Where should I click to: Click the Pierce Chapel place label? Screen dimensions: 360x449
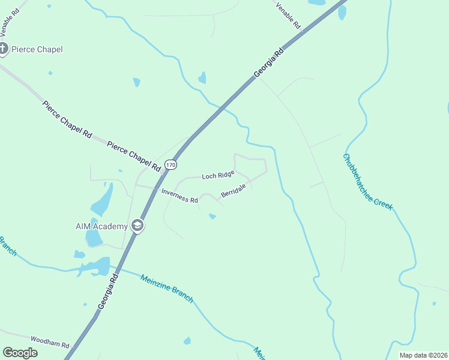point(37,49)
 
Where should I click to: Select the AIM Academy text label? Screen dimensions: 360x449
point(101,226)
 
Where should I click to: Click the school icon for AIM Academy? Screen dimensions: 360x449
point(137,226)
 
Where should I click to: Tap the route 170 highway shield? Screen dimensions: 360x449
point(171,164)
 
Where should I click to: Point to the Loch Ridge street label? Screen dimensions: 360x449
point(218,175)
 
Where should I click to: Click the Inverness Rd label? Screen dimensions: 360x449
point(179,196)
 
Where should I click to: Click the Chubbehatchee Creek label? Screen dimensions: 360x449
point(367,182)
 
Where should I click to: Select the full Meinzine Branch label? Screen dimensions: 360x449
point(166,289)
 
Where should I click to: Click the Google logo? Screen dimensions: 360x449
point(20,353)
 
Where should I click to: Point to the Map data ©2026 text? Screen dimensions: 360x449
point(423,355)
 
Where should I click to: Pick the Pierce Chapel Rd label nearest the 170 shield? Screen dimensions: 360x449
point(135,154)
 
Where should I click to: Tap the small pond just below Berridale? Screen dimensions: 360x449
point(212,216)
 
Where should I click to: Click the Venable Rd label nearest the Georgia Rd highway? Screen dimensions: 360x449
point(289,15)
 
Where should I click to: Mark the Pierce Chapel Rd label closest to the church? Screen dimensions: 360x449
point(67,119)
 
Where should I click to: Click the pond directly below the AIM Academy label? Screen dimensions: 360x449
point(94,238)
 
